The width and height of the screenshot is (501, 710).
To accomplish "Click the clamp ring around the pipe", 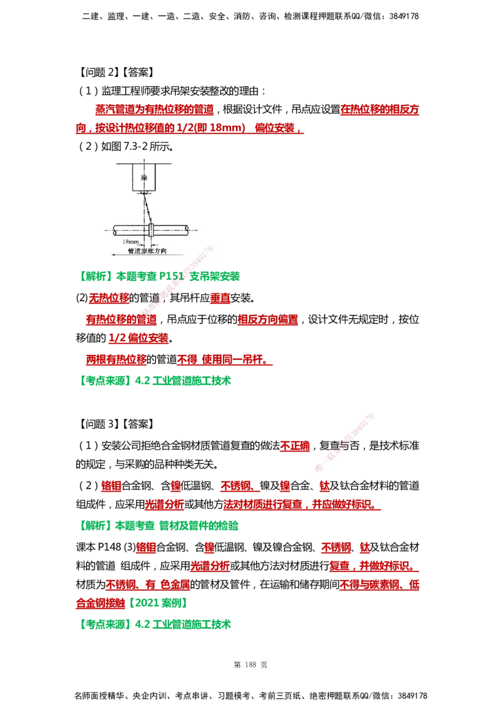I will pos(152,230).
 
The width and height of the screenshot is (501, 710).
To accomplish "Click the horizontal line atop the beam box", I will pos(143,162).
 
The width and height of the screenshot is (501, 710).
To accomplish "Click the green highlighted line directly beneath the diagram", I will pos(160,277).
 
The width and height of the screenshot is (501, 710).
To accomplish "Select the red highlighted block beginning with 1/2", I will pos(139,339).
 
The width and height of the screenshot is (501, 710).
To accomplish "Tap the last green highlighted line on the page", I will pos(157,625).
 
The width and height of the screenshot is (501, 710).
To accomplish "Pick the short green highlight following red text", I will pos(159,604).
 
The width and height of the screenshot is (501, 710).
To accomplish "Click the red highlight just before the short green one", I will pos(102,604).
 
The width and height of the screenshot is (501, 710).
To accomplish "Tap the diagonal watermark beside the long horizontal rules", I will pos(344,442).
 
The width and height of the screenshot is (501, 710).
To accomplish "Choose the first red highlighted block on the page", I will pos(155,110).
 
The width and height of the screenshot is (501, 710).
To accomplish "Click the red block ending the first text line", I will pos(380,110).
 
